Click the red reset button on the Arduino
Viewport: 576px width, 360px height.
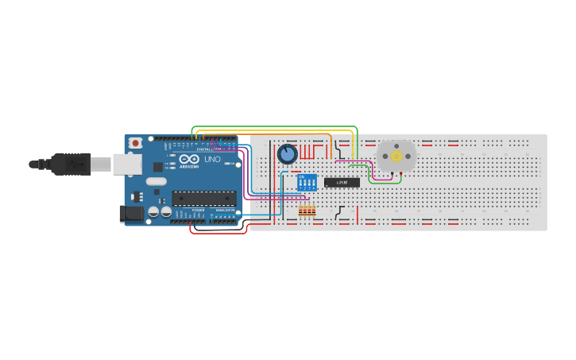click(x=136, y=143)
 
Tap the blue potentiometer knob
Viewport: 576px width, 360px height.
click(x=287, y=153)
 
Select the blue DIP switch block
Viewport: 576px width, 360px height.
click(x=307, y=182)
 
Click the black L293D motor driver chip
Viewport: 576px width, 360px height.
click(x=342, y=183)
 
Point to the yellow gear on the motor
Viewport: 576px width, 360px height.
click(x=396, y=157)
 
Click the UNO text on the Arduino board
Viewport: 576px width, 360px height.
click(x=213, y=159)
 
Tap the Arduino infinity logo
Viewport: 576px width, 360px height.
click(x=189, y=158)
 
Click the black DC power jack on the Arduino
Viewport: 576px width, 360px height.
click(x=129, y=213)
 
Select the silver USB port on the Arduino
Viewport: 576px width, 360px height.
click(x=126, y=164)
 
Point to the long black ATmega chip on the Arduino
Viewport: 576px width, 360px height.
click(x=203, y=198)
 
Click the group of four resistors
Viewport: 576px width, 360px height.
click(x=307, y=211)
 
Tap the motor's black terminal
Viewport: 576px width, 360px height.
click(x=389, y=172)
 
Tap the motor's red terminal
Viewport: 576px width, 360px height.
click(x=404, y=172)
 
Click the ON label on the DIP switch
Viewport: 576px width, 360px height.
click(x=301, y=176)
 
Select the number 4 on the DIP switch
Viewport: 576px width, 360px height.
click(x=314, y=188)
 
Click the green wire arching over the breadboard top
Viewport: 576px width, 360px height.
click(x=274, y=127)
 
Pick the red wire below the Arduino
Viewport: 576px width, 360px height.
click(x=218, y=233)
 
